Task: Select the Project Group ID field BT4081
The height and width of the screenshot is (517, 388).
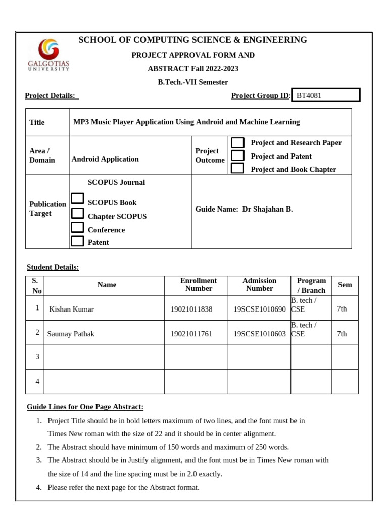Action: click(326, 95)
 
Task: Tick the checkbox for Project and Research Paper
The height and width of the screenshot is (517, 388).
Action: click(237, 143)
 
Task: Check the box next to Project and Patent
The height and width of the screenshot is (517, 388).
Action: click(237, 156)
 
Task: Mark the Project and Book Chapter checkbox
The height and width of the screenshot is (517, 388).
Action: click(237, 169)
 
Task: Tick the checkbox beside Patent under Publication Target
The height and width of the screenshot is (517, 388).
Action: click(77, 241)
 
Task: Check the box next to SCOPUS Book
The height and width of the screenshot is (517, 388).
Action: click(77, 199)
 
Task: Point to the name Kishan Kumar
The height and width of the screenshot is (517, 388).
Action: click(71, 309)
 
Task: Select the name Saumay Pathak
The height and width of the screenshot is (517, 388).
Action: click(71, 334)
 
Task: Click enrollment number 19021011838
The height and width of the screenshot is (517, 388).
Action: click(191, 309)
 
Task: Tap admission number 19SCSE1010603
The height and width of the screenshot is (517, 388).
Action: click(259, 334)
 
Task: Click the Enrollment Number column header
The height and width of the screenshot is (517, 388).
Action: click(199, 284)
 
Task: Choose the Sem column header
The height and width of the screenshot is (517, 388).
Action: click(345, 285)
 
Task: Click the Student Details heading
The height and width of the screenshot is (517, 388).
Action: click(53, 267)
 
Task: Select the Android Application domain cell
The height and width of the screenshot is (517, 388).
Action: click(105, 159)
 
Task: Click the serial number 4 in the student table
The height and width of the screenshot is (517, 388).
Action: click(37, 382)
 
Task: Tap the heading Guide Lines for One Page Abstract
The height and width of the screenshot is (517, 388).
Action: click(85, 407)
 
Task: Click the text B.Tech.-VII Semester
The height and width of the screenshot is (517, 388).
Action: click(193, 82)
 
